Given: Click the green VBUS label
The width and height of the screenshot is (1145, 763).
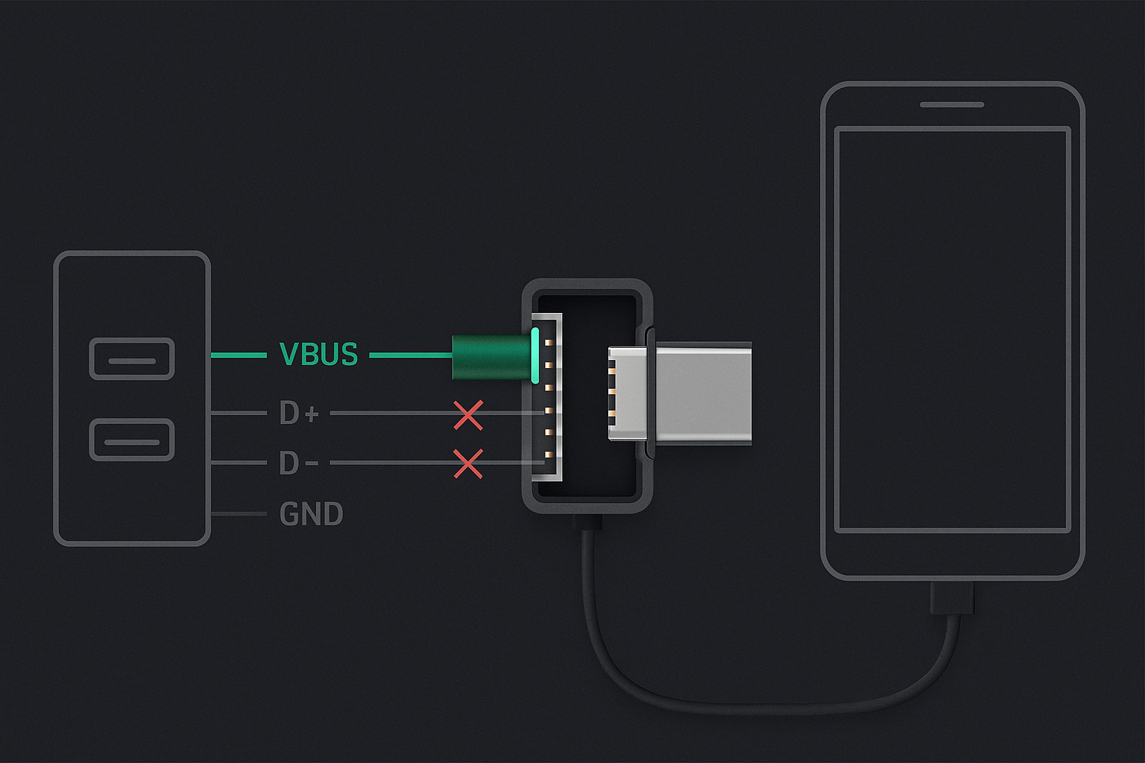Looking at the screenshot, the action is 318,354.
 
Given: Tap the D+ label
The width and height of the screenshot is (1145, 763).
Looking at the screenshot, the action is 299,413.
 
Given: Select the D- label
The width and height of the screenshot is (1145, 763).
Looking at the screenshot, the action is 299,463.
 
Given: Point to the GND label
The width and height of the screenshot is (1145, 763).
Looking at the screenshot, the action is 312,513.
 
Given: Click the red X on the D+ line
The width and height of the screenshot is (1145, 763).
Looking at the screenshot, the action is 468,416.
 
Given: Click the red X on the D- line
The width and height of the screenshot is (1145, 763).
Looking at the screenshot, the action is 468,464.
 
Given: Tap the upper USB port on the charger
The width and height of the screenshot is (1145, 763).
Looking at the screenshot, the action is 132,358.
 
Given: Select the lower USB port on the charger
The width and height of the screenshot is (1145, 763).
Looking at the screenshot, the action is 132,440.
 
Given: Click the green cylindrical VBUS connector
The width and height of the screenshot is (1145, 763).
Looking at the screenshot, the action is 491,357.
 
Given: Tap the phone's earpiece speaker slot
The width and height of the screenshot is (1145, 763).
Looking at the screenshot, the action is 952,105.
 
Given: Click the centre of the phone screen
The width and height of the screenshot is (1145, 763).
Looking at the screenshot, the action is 952,330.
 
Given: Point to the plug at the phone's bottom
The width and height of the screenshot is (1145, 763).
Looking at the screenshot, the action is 952,598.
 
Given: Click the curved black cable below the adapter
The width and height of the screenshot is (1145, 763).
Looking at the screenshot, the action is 767,708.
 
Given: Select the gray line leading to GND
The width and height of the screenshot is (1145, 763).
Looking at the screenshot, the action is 239,513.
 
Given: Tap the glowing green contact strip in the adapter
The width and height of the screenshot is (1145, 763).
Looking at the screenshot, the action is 535,355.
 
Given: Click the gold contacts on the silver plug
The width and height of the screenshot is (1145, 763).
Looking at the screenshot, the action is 612,391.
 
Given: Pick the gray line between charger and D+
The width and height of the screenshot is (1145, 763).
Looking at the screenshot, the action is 239,413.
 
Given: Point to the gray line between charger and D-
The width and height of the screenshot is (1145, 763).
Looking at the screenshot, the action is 239,463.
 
